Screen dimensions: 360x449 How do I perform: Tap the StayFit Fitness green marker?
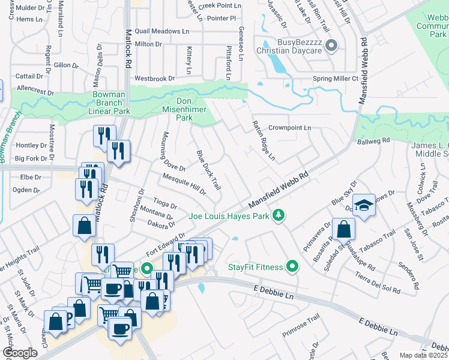click(x=292, y=265)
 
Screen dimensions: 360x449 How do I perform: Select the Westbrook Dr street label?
click(x=154, y=78)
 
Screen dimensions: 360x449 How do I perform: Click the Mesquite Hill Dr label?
click(x=184, y=184)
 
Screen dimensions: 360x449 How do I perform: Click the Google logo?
click(x=20, y=352)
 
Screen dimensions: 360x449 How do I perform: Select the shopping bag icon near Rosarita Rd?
click(x=343, y=230)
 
